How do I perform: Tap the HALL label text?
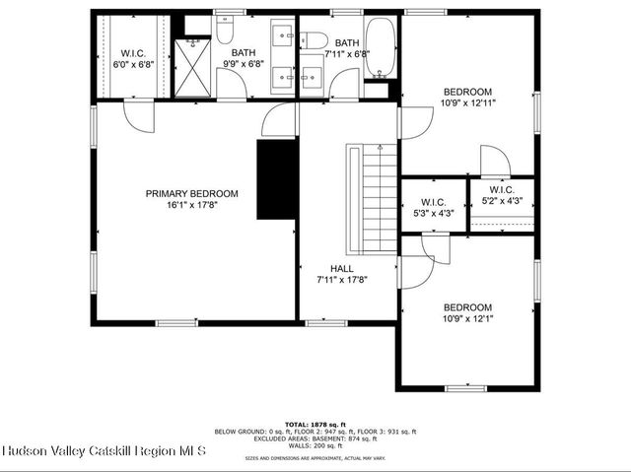pos(341,268)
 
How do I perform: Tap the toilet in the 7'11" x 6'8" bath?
pos(315,40)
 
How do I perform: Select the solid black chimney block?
pos(277,179)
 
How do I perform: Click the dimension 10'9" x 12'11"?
pos(468,101)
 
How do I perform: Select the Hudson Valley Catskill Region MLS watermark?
pos(104,451)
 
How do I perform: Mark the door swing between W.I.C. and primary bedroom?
pos(139,117)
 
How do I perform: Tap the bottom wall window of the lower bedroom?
pos(465,387)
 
